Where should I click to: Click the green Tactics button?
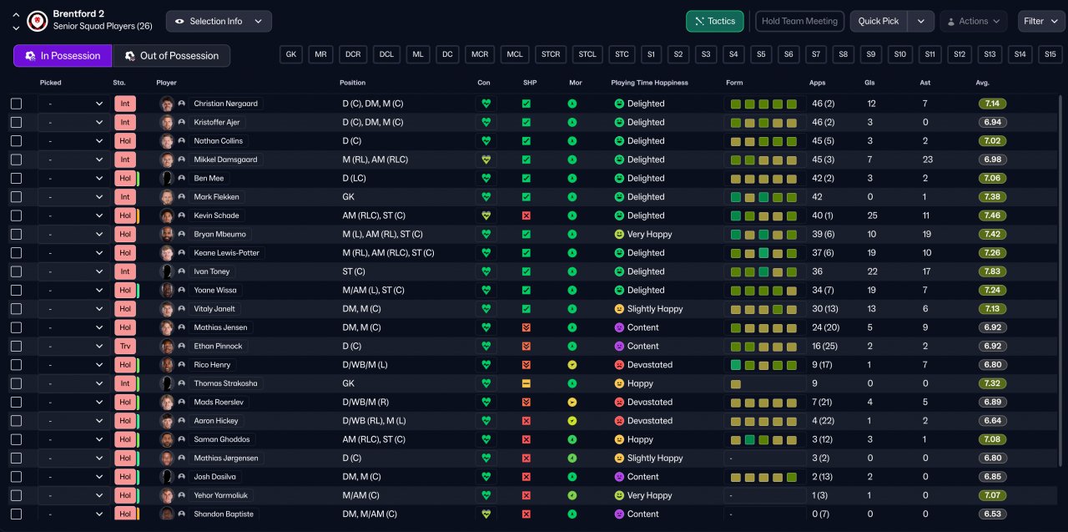[x=714, y=21]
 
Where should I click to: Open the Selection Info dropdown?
[x=219, y=21]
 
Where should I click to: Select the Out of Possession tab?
[x=171, y=56]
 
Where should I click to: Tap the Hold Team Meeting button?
[x=799, y=21]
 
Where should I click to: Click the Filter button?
[x=1040, y=21]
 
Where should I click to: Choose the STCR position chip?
[x=551, y=54]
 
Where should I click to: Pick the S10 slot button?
[x=899, y=54]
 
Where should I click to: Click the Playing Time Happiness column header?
[x=649, y=83]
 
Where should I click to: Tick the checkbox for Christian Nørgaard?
[x=16, y=104]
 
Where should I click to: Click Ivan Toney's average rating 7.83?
[x=992, y=271]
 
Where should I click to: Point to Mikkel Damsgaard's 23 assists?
[x=927, y=160]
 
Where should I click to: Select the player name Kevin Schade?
[x=216, y=215]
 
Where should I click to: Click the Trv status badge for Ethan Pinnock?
[x=125, y=346]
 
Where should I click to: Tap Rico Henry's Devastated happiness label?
[x=650, y=364]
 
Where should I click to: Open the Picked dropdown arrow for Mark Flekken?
[x=99, y=196]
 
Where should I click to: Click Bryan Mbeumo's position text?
[x=382, y=235]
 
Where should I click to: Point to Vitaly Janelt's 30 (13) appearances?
[x=825, y=309]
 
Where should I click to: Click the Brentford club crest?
[x=38, y=21]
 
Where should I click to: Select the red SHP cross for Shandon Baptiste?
[x=526, y=514]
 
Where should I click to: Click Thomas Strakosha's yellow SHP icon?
[x=526, y=383]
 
